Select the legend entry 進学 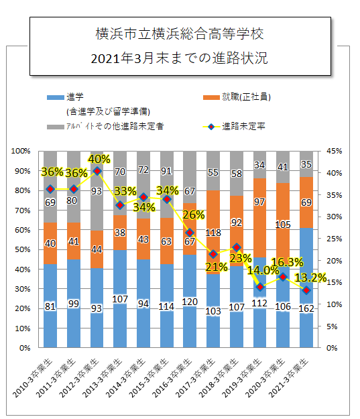[74, 98]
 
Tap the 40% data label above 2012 [99, 160]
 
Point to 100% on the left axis [22, 151]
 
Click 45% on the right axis [333, 151]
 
